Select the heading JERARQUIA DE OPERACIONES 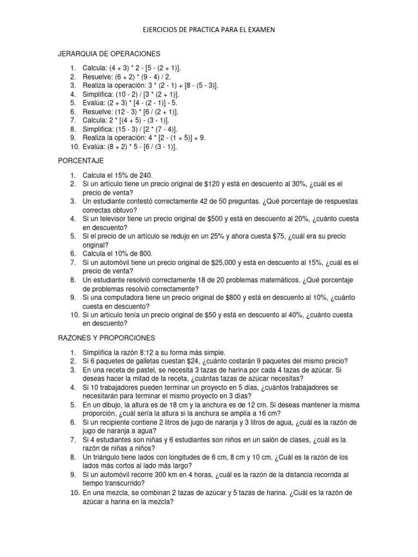[x=109, y=54]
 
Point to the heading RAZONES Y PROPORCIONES [x=107, y=337]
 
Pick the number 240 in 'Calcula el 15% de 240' [x=146, y=175]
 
